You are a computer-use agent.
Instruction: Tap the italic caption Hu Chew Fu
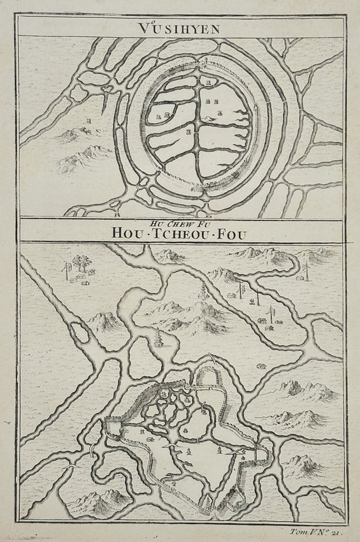click(180, 223)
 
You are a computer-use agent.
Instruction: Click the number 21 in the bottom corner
click(338, 531)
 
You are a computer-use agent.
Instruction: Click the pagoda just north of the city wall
click(157, 338)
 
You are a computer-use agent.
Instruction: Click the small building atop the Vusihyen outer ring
click(206, 61)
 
